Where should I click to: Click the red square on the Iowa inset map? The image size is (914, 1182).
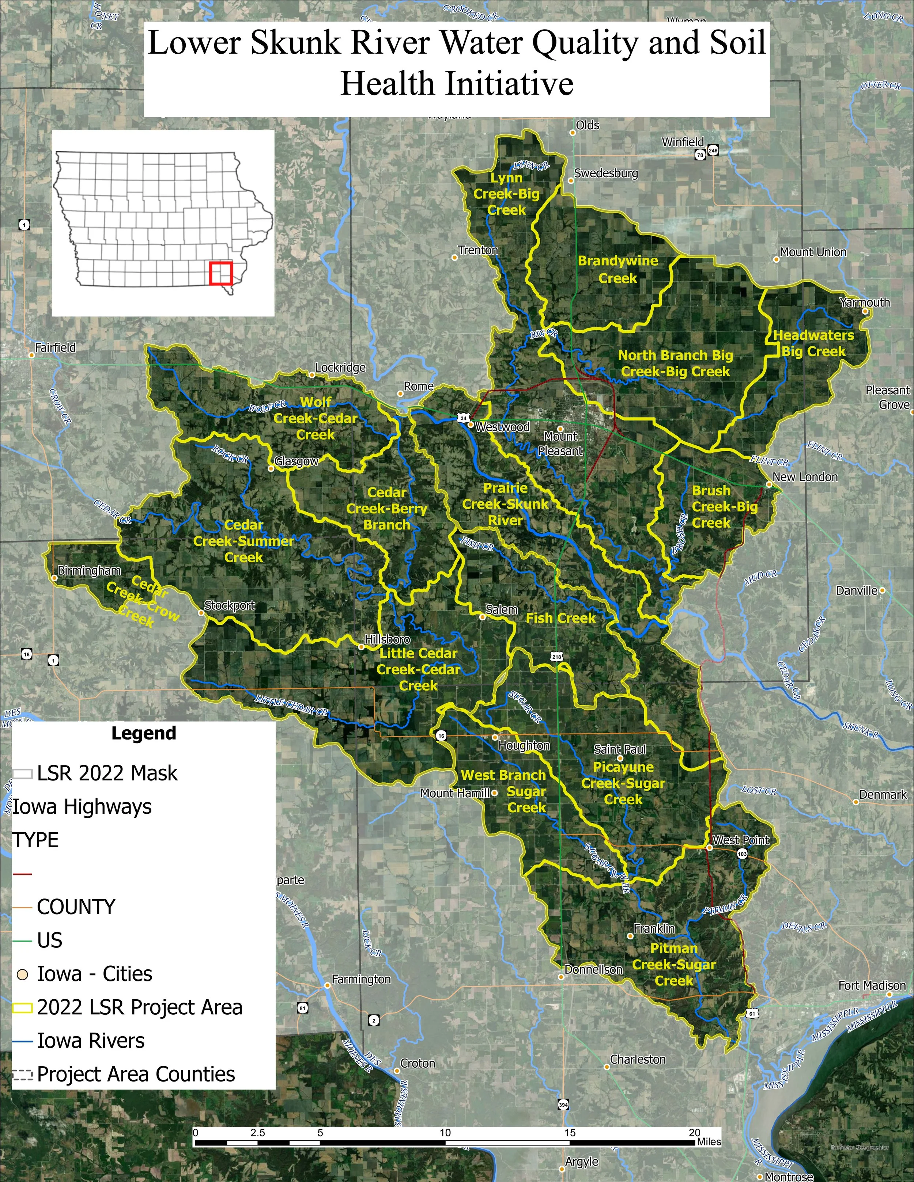(221, 273)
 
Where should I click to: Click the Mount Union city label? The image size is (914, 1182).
(813, 252)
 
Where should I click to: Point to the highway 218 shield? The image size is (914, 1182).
(557, 657)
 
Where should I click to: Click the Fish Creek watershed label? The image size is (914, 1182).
(560, 618)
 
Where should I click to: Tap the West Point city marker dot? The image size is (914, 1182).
(709, 848)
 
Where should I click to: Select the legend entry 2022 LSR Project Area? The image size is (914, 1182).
(139, 1008)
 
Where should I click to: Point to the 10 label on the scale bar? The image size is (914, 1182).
(445, 1132)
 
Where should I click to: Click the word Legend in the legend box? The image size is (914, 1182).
(143, 733)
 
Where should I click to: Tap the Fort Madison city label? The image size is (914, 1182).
(872, 985)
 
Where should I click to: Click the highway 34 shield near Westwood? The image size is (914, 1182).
(463, 418)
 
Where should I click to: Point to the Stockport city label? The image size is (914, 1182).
(230, 605)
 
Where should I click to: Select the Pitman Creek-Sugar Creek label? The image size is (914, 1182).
(674, 965)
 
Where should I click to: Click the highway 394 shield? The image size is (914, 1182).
(563, 1105)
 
